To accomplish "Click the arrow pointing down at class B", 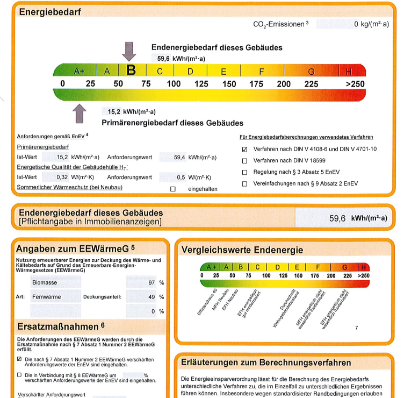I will tap(129, 51).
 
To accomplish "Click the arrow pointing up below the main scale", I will tap(80, 113).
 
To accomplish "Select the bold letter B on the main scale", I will tap(131, 70).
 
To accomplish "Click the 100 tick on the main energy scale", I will tap(174, 84).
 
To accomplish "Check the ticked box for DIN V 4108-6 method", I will tap(245, 149).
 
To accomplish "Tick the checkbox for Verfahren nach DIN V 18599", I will tap(245, 160).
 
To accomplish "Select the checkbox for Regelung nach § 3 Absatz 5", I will tap(245, 172).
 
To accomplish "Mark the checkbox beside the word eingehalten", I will tap(172, 189).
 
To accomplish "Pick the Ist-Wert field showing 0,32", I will tap(55, 177).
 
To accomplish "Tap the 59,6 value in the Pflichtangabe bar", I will tap(338, 219).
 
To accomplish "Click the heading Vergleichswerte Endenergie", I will tap(242, 250).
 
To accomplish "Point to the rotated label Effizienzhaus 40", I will tap(206, 302).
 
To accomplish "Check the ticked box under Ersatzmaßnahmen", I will tap(20, 358).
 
